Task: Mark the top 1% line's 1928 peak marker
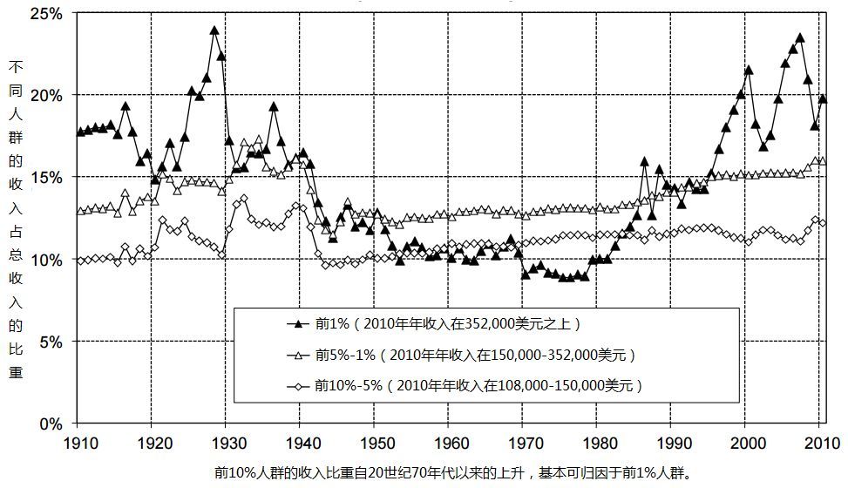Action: pos(214,30)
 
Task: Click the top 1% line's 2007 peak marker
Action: pos(800,38)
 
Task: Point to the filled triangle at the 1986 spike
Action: pos(644,161)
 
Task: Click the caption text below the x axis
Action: pos(453,473)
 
